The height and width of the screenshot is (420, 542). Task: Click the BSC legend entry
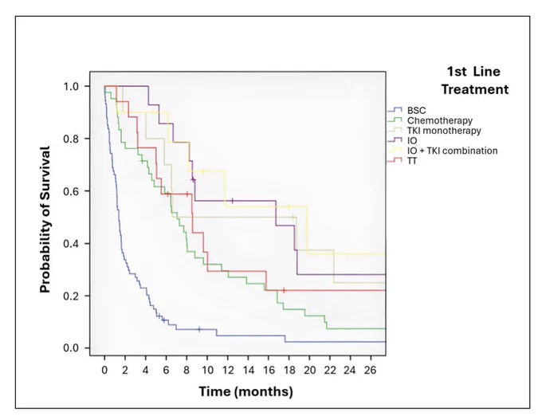coord(417,110)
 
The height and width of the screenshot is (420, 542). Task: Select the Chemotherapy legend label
coord(440,120)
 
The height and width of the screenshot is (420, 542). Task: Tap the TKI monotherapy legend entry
coord(444,131)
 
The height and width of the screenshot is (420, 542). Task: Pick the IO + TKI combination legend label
coord(452,151)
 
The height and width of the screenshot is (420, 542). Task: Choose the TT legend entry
coord(412,161)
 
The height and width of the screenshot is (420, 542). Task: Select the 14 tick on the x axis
coord(248,371)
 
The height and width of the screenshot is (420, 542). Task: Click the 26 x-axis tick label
coord(370,371)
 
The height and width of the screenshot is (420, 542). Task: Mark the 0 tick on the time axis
coord(104,371)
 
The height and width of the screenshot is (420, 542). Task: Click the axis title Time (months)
coord(245,391)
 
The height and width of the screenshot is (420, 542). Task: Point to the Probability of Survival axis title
coord(45,220)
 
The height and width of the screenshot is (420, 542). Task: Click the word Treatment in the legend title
coord(475,89)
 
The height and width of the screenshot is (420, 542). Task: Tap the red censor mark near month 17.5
coord(284,290)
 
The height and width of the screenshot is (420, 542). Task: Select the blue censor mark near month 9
coord(199,329)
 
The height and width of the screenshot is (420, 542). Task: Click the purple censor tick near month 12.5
coord(232,201)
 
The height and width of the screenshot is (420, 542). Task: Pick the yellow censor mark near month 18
coord(289,207)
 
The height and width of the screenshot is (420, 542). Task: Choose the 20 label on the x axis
coord(309,371)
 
